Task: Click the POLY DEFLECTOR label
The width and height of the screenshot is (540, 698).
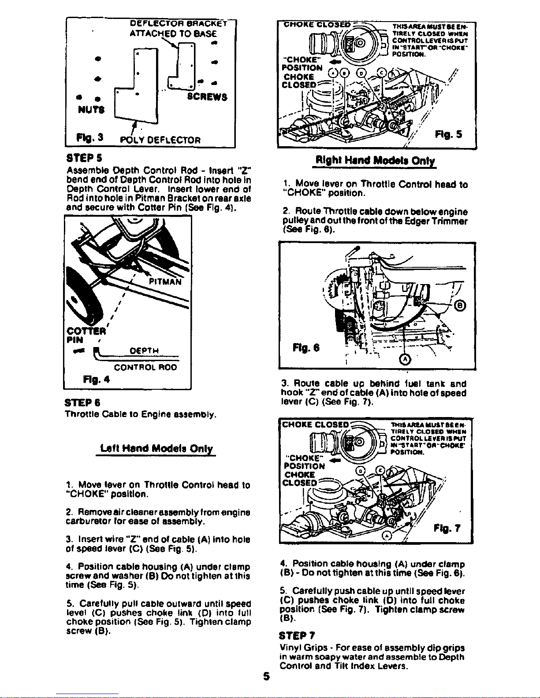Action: pos(161,140)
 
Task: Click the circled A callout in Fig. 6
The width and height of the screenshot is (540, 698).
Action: pos(404,359)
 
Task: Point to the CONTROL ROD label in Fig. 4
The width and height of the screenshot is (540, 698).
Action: pos(145,367)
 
